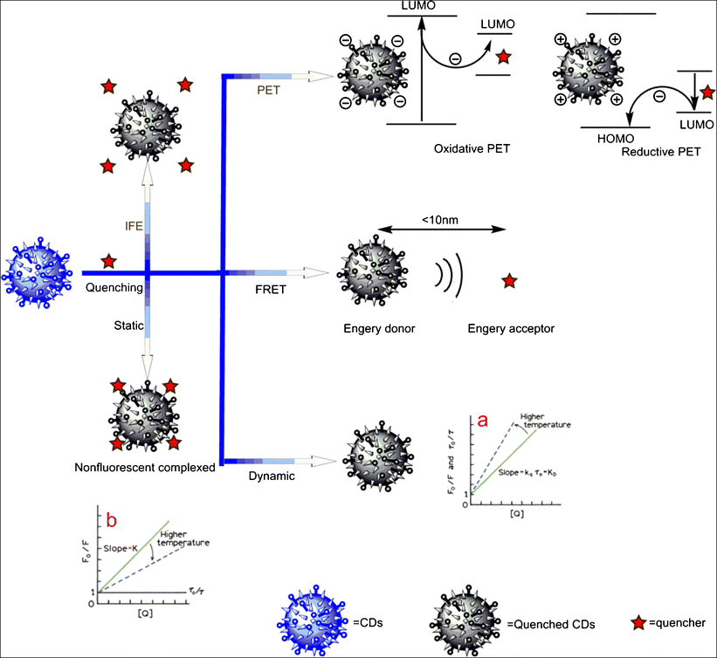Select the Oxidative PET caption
(x=472, y=149)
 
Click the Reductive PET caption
(x=661, y=152)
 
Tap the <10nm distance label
(x=442, y=217)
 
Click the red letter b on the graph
(x=112, y=520)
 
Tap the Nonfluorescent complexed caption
(x=145, y=468)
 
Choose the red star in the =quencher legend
(x=640, y=621)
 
